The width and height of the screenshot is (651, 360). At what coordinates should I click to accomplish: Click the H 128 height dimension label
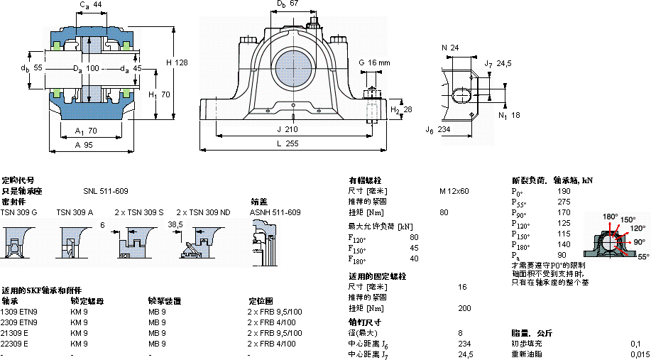point(177,62)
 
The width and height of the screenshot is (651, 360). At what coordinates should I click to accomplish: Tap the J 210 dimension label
point(287,129)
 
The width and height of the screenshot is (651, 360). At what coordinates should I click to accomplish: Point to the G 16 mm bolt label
point(375,62)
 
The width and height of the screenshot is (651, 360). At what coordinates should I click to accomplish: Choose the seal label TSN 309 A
point(75,212)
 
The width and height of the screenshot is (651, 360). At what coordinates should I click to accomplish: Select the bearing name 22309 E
point(14,344)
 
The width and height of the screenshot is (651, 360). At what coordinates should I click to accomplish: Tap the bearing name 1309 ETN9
point(19,312)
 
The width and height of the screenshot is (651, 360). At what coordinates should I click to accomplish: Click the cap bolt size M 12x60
point(454,191)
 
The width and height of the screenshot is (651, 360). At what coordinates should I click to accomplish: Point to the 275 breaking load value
point(564,202)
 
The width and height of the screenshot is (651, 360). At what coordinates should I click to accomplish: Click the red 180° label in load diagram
point(611,217)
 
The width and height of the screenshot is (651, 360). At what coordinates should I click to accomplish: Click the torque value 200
point(464,308)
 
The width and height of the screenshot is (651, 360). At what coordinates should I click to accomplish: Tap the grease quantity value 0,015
point(640,354)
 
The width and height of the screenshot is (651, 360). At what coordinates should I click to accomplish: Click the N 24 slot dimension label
point(450,48)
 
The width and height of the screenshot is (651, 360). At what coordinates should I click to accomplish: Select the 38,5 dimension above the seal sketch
point(175,224)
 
